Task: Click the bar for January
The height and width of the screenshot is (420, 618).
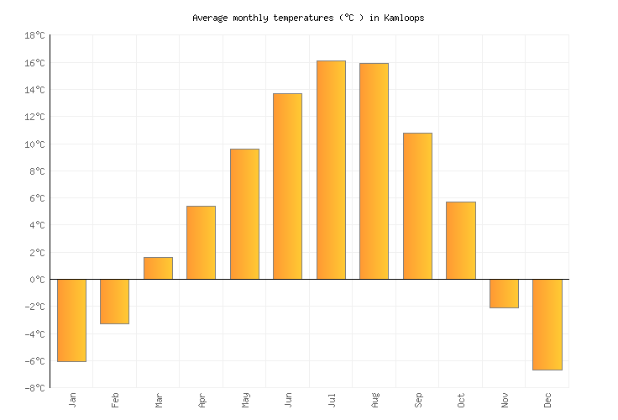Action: [x=71, y=320]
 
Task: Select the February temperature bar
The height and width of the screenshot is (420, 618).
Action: [x=114, y=302]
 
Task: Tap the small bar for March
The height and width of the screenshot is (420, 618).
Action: [x=158, y=268]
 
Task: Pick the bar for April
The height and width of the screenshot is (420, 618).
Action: [x=201, y=243]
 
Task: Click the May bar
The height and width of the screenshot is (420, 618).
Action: [x=244, y=214]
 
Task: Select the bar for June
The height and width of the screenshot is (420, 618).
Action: [x=287, y=186]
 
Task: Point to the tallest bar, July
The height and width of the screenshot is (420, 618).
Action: [x=331, y=170]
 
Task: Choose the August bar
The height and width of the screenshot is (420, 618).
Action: [x=374, y=171]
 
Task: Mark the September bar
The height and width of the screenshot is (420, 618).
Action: [x=417, y=206]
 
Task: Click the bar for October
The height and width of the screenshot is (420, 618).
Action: [x=460, y=240]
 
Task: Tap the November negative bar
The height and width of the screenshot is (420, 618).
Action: [x=504, y=293]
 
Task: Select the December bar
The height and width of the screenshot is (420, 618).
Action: [x=547, y=324]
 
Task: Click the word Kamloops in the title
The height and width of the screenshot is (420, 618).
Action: [x=404, y=18]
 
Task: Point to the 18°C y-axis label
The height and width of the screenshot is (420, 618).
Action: [x=34, y=36]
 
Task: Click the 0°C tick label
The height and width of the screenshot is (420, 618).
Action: [x=37, y=280]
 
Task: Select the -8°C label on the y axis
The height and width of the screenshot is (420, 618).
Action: [x=34, y=388]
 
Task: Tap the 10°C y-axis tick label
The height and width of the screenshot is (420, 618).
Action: [x=34, y=144]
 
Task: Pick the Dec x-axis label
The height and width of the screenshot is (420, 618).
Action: [x=547, y=400]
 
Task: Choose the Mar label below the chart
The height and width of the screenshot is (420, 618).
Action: [x=159, y=400]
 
